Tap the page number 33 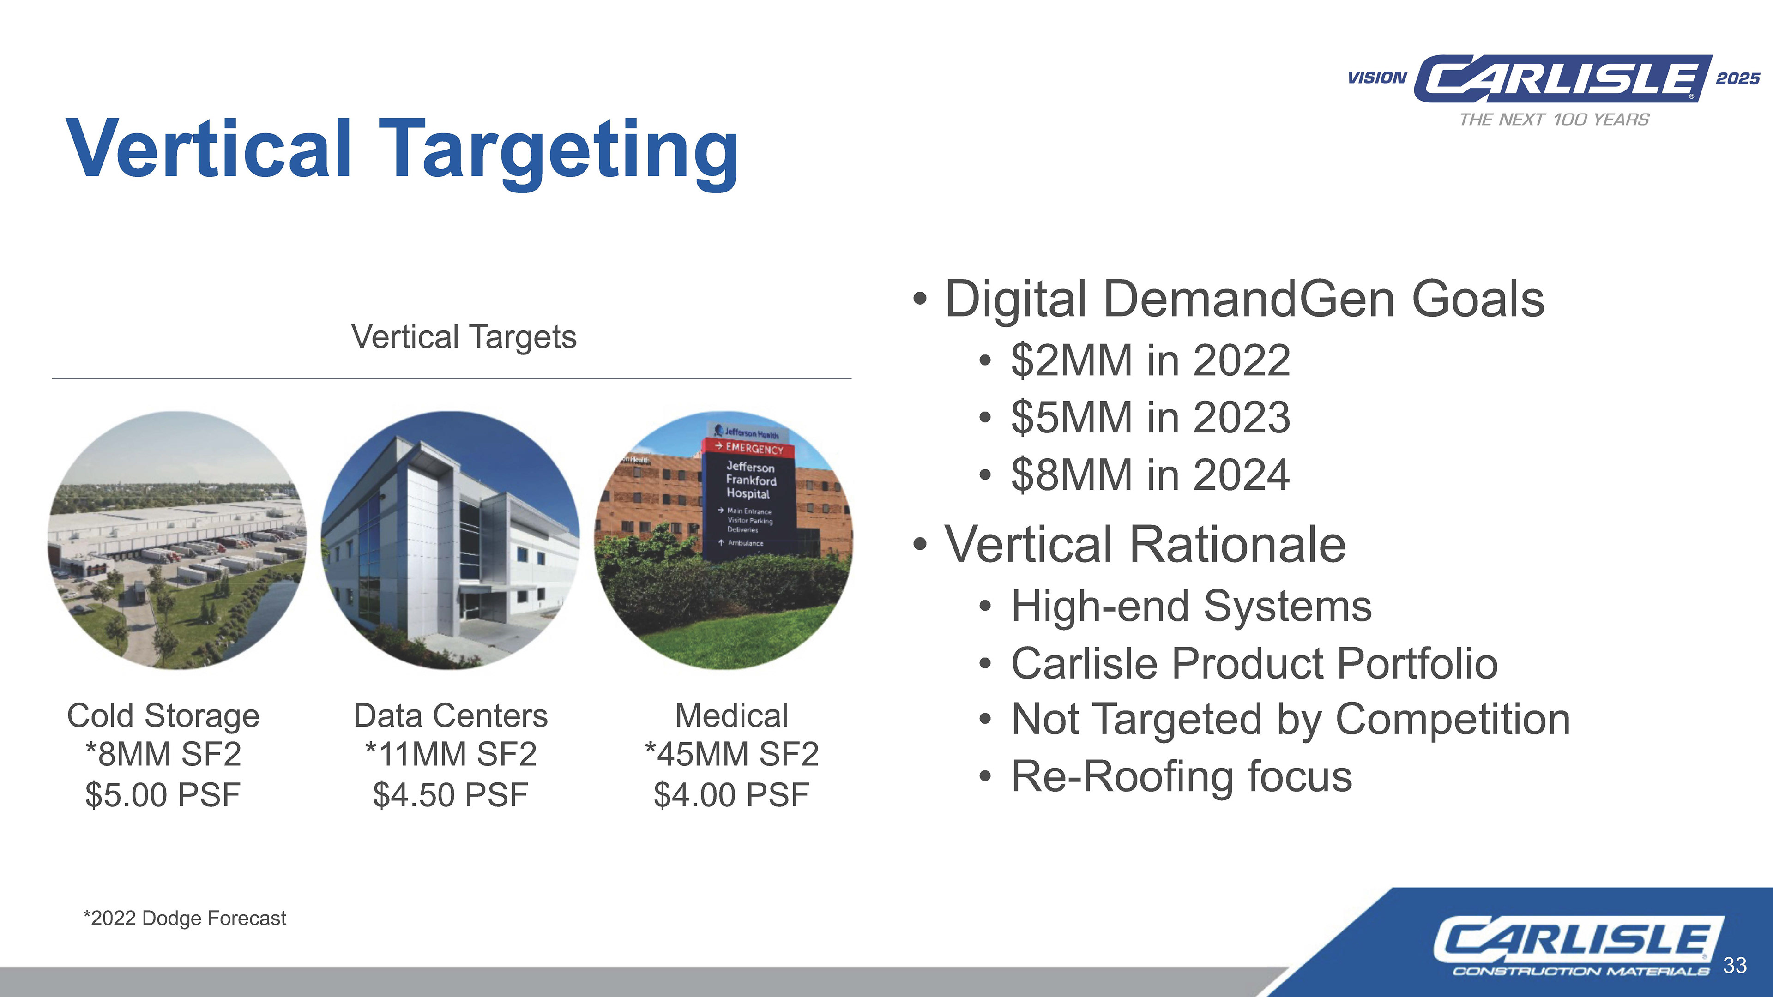pos(1735,965)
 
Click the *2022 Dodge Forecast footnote pos(185,919)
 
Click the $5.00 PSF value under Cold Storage pos(163,795)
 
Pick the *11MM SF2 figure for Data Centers pos(451,754)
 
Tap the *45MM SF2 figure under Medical pos(732,754)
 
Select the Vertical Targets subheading pos(464,337)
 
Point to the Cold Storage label pos(163,715)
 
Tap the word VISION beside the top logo pos(1377,78)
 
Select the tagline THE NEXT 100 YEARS pos(1554,120)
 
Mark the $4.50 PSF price pos(451,795)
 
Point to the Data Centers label pos(451,715)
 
